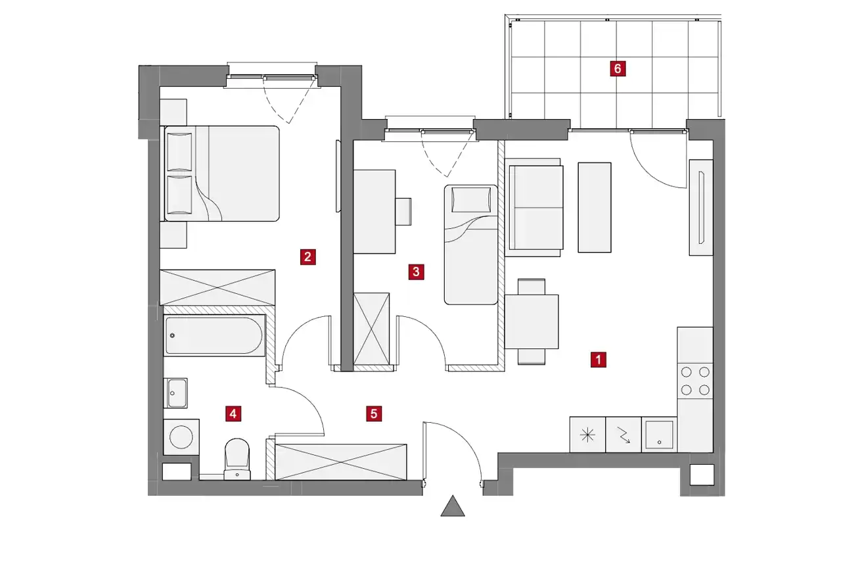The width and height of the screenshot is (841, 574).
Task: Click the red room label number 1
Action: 598,360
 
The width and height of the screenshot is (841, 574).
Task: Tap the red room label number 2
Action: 307,257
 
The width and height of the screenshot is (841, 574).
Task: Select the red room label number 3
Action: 416,272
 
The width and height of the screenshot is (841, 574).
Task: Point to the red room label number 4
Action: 233,414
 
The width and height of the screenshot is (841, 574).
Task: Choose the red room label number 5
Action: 374,414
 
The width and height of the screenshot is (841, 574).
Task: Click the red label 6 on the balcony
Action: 618,69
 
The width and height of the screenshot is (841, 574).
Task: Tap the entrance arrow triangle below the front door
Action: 453,506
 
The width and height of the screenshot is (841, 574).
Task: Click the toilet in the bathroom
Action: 237,459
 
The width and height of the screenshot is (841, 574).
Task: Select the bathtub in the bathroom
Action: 214,335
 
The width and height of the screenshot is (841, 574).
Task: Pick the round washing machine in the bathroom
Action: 181,437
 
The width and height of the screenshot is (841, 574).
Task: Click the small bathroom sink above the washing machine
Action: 175,393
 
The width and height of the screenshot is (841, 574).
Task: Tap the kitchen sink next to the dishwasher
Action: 659,435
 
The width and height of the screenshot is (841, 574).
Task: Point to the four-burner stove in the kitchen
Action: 695,381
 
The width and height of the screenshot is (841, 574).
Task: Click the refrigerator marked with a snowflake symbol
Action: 587,435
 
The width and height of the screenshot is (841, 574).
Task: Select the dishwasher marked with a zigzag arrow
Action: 624,435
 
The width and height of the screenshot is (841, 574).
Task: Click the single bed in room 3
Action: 471,245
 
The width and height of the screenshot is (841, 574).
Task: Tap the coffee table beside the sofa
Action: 595,207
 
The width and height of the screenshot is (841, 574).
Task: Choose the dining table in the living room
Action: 532,322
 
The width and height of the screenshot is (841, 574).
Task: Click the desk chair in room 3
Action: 403,212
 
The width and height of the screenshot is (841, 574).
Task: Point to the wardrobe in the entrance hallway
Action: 341,462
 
